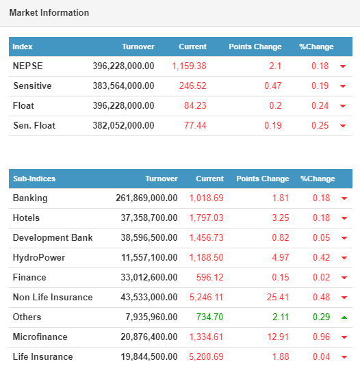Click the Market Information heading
click(49, 12)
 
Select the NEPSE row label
click(27, 66)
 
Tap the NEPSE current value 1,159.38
click(189, 66)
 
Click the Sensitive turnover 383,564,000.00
click(123, 86)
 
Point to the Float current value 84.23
click(195, 105)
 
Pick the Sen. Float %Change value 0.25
click(320, 125)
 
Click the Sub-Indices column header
click(34, 179)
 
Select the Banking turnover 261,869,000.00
click(146, 198)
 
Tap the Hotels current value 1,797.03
click(206, 218)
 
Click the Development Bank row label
click(53, 237)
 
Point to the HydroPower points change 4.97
click(281, 257)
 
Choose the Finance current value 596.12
click(209, 277)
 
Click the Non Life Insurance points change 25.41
click(278, 297)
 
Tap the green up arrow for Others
click(344, 317)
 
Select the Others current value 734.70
click(209, 317)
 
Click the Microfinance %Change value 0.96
click(321, 337)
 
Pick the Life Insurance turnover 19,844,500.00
click(149, 356)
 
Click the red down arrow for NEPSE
click(343, 66)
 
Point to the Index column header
click(23, 47)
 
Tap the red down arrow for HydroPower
click(344, 258)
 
